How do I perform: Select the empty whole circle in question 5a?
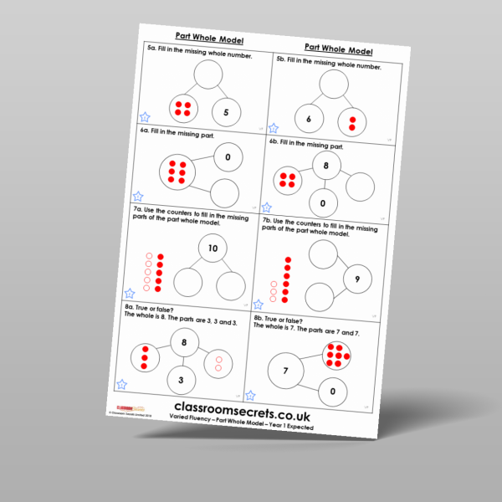click(x=207, y=76)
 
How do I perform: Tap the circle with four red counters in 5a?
click(x=182, y=108)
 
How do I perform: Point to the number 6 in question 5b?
click(x=309, y=120)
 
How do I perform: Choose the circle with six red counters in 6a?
click(x=177, y=171)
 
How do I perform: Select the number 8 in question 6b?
click(x=326, y=166)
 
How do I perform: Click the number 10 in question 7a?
click(x=213, y=248)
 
